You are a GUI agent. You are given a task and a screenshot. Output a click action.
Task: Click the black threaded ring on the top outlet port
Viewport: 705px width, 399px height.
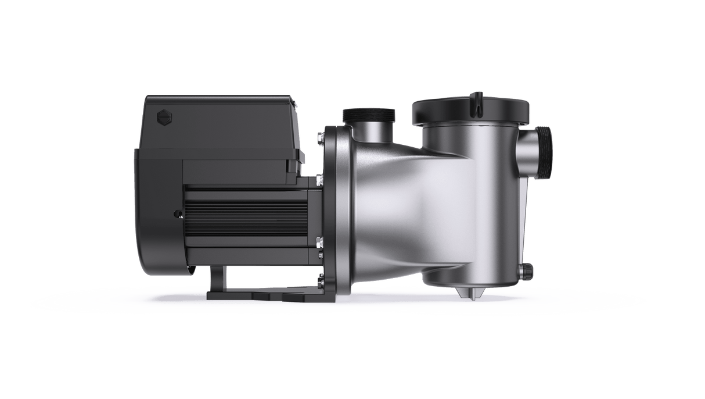(x=368, y=115)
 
